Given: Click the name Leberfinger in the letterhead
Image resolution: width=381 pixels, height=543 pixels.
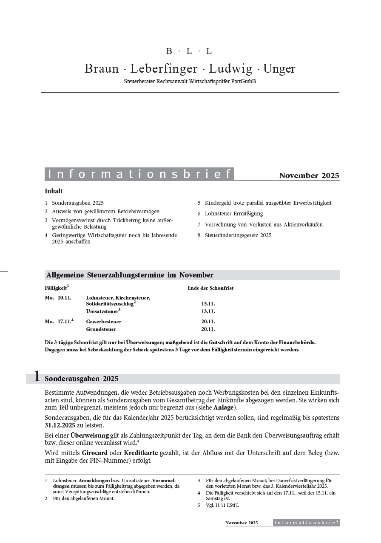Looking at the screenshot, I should (x=164, y=69).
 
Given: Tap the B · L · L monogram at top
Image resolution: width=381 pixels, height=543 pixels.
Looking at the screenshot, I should (x=189, y=51).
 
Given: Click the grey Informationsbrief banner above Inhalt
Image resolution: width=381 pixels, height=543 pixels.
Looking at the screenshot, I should (x=139, y=174).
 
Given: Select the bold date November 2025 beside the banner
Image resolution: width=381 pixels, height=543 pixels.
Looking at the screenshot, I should (x=309, y=175).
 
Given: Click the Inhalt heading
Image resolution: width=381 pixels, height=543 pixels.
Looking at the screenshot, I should (x=54, y=191).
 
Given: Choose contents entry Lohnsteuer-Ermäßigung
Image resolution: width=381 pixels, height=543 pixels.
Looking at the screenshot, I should (x=233, y=214).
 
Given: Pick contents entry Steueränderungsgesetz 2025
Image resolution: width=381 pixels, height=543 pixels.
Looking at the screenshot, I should (x=238, y=235).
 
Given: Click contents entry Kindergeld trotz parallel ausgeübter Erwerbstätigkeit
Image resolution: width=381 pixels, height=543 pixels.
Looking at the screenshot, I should (x=268, y=203).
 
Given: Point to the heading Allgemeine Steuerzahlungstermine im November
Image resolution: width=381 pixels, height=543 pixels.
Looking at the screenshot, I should (x=130, y=275).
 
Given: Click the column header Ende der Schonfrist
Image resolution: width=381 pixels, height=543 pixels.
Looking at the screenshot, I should (x=210, y=288).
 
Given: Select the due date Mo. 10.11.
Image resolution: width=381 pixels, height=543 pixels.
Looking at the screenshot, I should (x=58, y=298).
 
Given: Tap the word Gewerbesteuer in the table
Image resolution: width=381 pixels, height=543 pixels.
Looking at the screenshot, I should (x=103, y=322).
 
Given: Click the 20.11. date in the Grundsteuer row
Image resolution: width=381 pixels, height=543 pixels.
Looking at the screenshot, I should (x=208, y=329).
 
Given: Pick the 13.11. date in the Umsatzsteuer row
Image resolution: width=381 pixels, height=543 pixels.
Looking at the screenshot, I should (x=208, y=311).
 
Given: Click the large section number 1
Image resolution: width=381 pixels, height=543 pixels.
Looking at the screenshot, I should (x=37, y=376).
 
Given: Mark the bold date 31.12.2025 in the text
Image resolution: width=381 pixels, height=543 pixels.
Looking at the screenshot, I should (x=62, y=425).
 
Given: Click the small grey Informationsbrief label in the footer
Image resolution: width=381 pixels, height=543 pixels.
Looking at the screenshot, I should (x=306, y=523).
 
